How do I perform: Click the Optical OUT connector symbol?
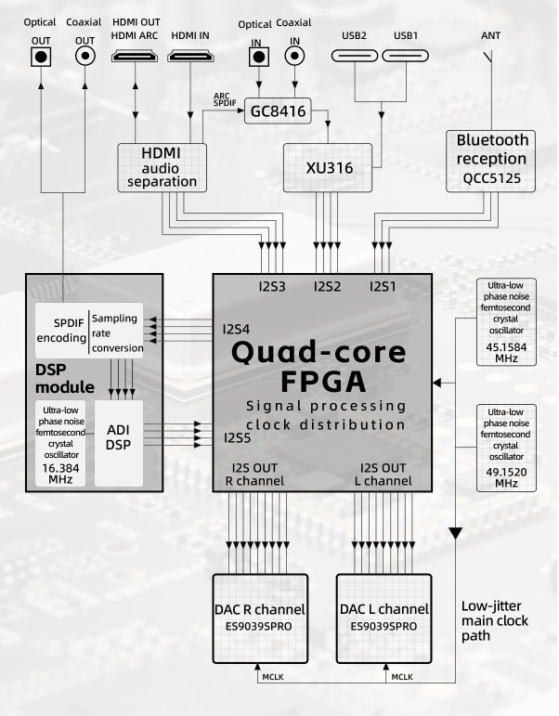41,57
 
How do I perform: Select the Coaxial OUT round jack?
85,57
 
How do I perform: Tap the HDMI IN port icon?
191,58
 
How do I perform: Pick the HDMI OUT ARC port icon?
136,58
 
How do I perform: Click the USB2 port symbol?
356,58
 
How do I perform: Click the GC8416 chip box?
276,111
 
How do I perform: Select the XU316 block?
326,168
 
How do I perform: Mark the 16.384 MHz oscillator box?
63,443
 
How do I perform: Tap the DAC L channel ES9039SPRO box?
383,616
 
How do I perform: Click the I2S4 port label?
236,329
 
